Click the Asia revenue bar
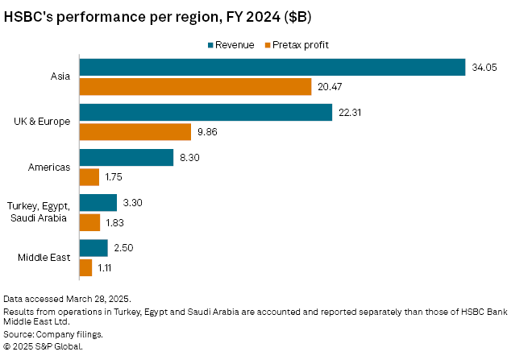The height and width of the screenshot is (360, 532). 272,68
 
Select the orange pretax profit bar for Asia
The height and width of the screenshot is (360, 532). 195,86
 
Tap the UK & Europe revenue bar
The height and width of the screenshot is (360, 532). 206,112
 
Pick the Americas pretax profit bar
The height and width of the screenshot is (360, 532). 89,176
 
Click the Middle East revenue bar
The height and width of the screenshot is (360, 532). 94,248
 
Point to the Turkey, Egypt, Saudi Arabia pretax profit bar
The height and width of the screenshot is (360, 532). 89,221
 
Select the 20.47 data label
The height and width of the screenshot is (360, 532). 330,86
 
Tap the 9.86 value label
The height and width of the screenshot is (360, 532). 207,131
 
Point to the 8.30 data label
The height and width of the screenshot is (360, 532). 189,157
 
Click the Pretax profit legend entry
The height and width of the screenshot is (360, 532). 301,44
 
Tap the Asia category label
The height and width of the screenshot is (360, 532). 60,77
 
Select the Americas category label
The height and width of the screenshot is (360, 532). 49,167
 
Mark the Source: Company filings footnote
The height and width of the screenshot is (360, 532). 54,333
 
